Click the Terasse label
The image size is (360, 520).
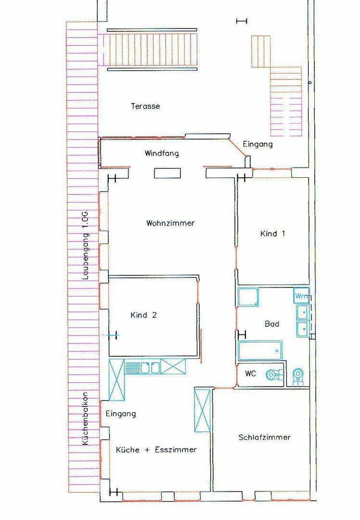[145, 106]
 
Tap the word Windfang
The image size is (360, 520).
[162, 153]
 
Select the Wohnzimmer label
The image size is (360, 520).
[170, 223]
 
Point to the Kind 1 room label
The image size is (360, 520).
[272, 234]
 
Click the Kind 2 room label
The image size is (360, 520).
[144, 315]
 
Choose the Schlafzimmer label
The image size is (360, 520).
[265, 437]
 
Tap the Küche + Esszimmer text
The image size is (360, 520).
[156, 450]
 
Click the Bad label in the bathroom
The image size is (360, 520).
[272, 324]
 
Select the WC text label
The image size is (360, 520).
[251, 374]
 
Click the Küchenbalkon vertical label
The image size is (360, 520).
[85, 419]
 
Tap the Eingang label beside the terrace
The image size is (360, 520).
[258, 144]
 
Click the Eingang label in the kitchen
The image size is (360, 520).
[121, 414]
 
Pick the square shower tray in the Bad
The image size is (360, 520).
[248, 297]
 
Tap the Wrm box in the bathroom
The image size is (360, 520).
[301, 296]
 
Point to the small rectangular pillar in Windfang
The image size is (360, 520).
[167, 173]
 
